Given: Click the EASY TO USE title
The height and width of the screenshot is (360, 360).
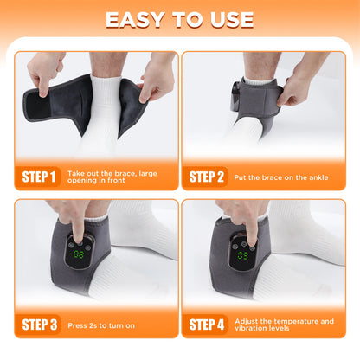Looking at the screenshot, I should [x=180, y=20].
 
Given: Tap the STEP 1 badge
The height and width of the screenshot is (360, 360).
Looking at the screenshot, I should [x=37, y=178].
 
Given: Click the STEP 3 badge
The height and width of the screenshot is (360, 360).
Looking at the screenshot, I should [x=37, y=325].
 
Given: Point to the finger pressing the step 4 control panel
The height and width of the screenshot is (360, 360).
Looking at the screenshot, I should [x=249, y=227].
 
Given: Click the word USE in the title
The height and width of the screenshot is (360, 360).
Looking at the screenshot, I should [x=225, y=20].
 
